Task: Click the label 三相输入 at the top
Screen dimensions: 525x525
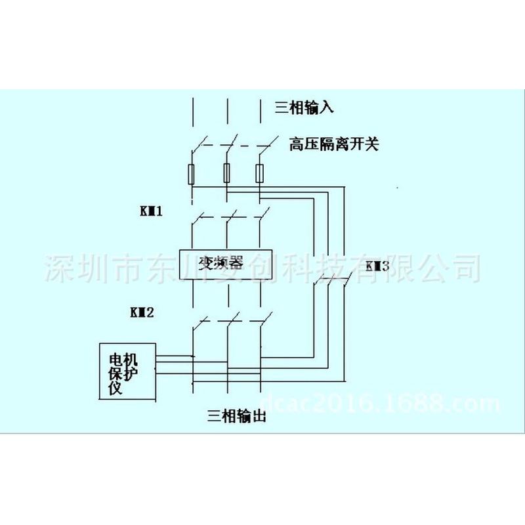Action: click(x=304, y=107)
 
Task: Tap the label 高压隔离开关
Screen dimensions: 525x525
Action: click(x=334, y=144)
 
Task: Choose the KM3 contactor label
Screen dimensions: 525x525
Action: click(x=377, y=266)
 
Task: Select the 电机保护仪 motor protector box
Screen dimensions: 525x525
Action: click(x=127, y=371)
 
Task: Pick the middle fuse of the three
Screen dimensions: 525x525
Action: click(x=226, y=173)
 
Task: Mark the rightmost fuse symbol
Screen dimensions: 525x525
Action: click(x=260, y=173)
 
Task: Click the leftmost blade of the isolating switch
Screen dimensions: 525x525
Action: click(x=199, y=144)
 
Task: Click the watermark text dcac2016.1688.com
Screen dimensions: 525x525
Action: click(x=381, y=402)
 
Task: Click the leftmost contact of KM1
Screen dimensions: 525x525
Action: click(x=199, y=217)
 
